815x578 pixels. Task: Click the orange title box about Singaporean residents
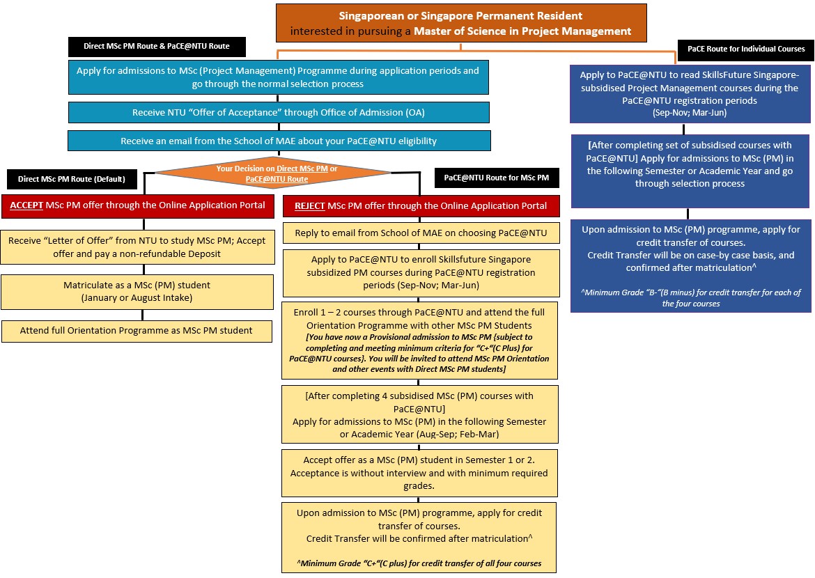point(461,23)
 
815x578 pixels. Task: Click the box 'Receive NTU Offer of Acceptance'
point(279,112)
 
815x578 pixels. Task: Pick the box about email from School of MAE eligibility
point(279,141)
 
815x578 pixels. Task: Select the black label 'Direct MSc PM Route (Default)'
point(72,179)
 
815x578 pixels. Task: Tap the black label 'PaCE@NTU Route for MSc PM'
point(496,178)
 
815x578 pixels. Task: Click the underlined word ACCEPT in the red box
point(27,205)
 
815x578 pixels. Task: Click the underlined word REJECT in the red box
point(309,206)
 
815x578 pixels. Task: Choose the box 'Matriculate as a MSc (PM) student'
point(137,291)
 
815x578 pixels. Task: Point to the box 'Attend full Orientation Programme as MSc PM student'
point(137,330)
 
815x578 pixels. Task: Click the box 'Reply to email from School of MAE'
point(421,233)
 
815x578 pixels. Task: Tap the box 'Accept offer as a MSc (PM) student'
point(419,473)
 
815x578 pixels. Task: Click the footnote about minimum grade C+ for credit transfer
point(419,563)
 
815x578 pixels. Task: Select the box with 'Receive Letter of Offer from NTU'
point(137,247)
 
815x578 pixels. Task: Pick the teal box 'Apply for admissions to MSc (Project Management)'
point(279,77)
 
